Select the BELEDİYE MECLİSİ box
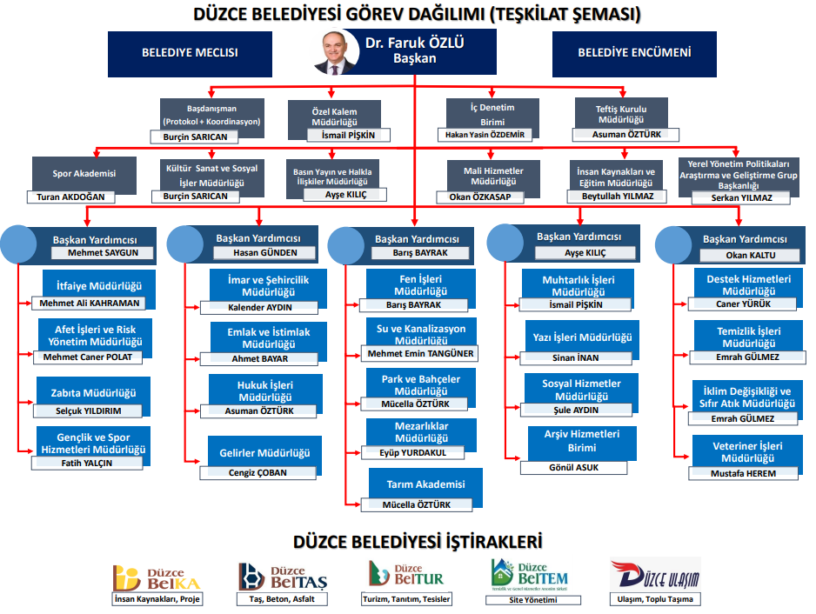190,52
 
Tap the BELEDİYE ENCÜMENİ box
634,52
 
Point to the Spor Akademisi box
84,174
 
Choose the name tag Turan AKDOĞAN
71,197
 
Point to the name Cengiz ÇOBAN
258,473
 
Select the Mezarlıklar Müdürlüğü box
421,432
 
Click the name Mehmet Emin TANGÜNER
420,353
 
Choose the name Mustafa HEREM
744,473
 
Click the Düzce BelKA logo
154,576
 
